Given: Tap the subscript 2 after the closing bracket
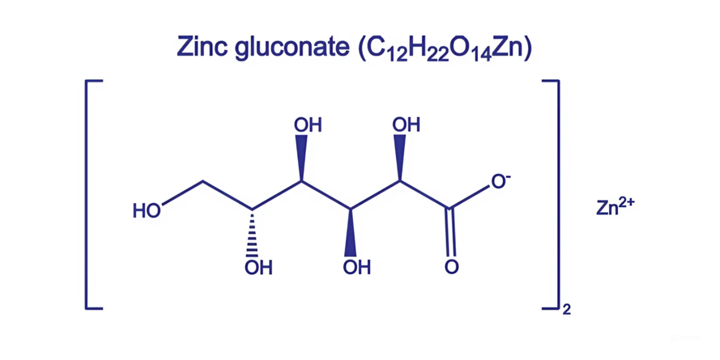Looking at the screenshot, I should point(567,310).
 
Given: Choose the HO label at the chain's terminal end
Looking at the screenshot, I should point(147,211).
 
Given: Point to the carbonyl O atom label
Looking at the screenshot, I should point(451,267).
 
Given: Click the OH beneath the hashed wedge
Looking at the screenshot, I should point(258,268).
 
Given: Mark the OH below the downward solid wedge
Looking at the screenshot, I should point(357,268).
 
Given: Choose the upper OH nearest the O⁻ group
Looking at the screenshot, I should point(406,125).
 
